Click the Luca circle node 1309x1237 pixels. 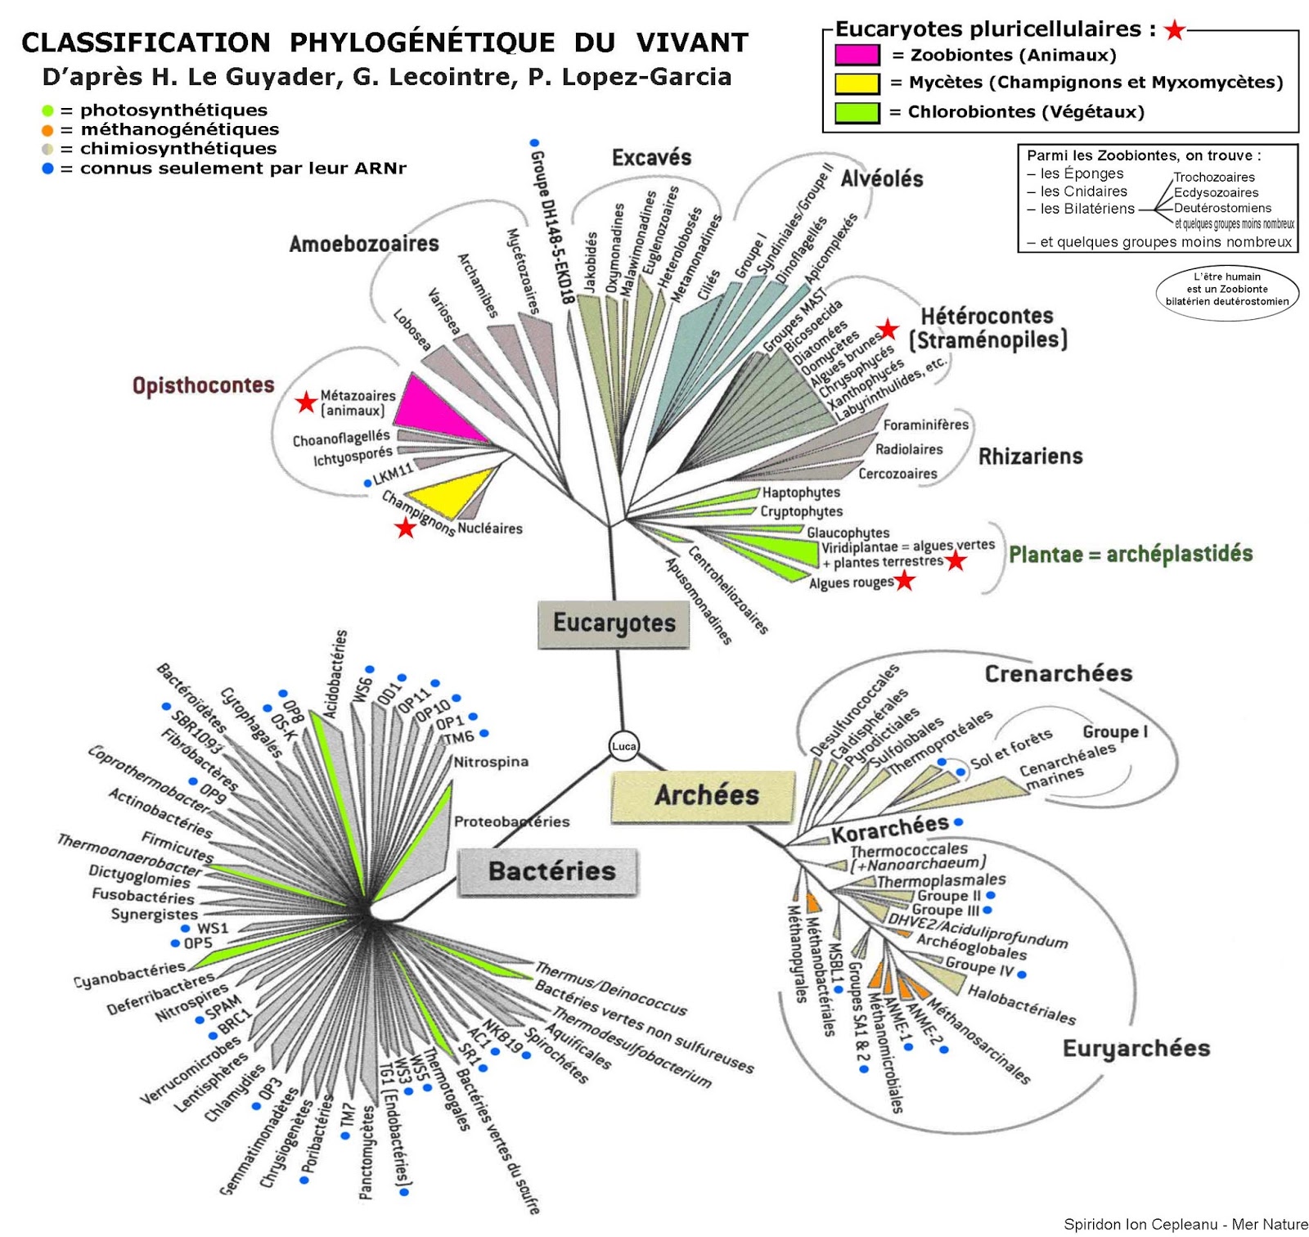(623, 745)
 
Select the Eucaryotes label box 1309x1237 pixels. (614, 623)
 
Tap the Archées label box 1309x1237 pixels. (704, 795)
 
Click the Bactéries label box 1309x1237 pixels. (550, 871)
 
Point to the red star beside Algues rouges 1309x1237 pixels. (904, 581)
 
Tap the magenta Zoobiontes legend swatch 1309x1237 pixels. (857, 55)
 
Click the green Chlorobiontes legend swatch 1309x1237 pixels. (857, 112)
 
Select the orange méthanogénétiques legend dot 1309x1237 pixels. (47, 129)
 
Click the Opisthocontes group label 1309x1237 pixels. (204, 385)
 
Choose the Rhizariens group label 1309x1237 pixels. (1030, 457)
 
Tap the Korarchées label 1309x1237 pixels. (890, 829)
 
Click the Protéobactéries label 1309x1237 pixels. (511, 821)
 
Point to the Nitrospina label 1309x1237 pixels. (491, 762)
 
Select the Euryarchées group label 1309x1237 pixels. (1136, 1049)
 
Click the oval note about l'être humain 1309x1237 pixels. (1226, 290)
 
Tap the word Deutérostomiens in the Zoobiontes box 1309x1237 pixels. (1222, 208)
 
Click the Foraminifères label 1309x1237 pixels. (925, 425)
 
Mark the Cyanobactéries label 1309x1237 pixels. (129, 975)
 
